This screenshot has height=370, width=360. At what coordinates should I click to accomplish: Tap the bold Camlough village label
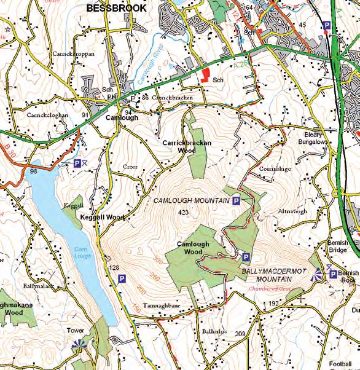pos(122,117)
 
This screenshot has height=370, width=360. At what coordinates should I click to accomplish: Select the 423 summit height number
pos(182,212)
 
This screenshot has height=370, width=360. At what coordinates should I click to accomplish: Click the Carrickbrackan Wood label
pos(187,146)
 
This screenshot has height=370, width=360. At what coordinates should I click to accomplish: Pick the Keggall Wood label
pos(101,218)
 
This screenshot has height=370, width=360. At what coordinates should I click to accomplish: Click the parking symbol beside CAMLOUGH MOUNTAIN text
pos(236,201)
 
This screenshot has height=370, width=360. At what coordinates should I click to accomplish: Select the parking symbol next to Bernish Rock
pos(333,274)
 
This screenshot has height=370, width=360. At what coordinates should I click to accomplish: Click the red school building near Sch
pos(203,77)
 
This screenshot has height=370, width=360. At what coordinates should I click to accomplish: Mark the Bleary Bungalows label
pos(316,138)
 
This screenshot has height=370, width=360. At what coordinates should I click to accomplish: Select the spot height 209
pos(240,334)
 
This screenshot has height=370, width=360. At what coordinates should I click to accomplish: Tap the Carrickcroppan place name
pos(74,53)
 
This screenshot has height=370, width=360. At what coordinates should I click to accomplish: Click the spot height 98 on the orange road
pos(33,171)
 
